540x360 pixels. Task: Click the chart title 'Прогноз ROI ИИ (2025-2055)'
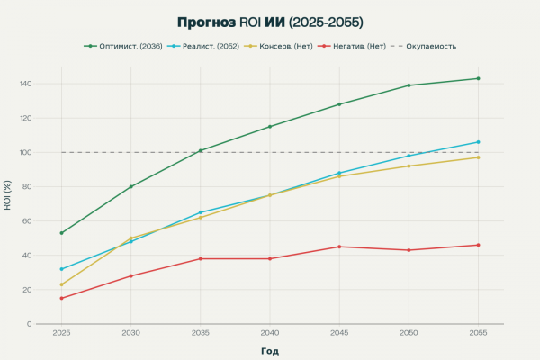pyautogui.click(x=270, y=21)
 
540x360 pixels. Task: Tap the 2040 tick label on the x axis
pyautogui.click(x=269, y=332)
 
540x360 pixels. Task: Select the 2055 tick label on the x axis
pyautogui.click(x=478, y=332)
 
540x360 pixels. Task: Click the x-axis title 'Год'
pyautogui.click(x=270, y=350)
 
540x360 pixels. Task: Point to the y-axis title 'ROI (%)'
pyautogui.click(x=8, y=195)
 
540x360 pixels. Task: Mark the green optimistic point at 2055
pyautogui.click(x=478, y=78)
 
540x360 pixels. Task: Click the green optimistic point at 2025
pyautogui.click(x=61, y=233)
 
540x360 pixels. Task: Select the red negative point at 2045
pyautogui.click(x=339, y=247)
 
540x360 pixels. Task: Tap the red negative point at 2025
pyautogui.click(x=61, y=298)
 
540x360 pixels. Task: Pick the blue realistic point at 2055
pyautogui.click(x=478, y=142)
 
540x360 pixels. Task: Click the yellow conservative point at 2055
pyautogui.click(x=478, y=157)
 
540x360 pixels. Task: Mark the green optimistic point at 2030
pyautogui.click(x=130, y=186)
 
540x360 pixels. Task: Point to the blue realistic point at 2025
pyautogui.click(x=61, y=269)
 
